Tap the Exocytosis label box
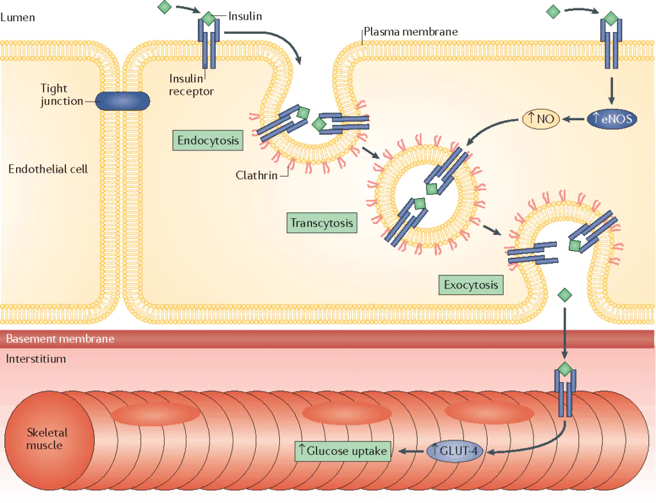click(471, 285)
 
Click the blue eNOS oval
click(612, 118)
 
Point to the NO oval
click(541, 118)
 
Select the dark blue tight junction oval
click(122, 100)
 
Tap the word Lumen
click(18, 17)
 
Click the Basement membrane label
click(60, 339)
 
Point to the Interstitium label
click(36, 358)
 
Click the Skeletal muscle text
click(47, 438)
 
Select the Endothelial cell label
click(48, 169)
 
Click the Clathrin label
click(256, 175)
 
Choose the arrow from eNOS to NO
click(574, 118)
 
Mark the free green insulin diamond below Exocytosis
click(564, 295)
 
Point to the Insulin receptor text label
click(191, 85)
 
